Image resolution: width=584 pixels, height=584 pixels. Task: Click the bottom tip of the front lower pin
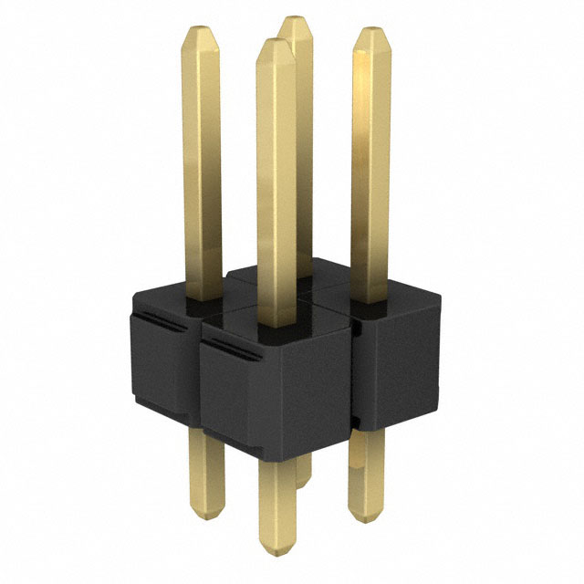tap(277, 550)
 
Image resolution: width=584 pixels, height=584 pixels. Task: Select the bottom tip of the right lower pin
tap(365, 518)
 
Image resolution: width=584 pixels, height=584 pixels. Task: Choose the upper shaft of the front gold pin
tap(276, 182)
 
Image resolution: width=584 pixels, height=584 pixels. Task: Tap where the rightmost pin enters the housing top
tap(370, 298)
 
